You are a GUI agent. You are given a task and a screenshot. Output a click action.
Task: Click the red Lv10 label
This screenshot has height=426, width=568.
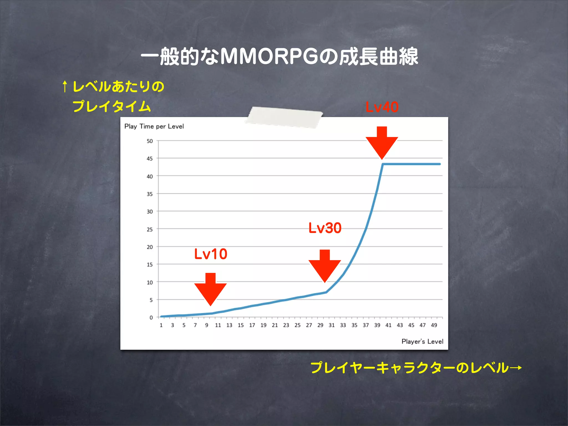[211, 254]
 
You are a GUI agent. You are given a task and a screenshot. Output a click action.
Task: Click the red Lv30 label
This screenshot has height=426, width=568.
[325, 228]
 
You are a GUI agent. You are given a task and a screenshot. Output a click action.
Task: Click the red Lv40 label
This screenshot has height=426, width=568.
[382, 107]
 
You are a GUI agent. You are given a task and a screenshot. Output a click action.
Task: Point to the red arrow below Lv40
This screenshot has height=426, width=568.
[382, 143]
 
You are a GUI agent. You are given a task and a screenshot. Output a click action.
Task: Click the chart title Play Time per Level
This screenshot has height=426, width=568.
[154, 126]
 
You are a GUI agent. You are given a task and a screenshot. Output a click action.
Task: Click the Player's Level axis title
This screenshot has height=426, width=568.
[422, 341]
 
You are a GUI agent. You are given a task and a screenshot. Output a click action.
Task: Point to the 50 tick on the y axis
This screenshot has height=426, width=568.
[150, 141]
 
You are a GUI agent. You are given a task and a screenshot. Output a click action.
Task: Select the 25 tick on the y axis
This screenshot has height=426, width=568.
[150, 229]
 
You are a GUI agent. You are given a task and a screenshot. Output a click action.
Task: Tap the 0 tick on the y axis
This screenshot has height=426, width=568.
[151, 318]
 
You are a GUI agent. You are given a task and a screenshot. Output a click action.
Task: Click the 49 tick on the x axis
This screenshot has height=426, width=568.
[434, 325]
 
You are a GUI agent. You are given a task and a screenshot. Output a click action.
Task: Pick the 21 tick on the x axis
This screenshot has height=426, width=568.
[275, 325]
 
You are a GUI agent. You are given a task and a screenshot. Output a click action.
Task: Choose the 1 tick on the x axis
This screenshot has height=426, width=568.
[161, 325]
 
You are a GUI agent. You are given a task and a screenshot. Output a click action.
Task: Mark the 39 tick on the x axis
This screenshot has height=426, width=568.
[377, 325]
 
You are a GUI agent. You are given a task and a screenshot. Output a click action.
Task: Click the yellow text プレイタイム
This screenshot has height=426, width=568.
[111, 106]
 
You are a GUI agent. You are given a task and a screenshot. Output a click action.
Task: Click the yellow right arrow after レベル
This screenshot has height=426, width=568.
[516, 368]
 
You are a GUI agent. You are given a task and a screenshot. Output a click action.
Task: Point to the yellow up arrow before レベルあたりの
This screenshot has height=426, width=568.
[65, 87]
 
